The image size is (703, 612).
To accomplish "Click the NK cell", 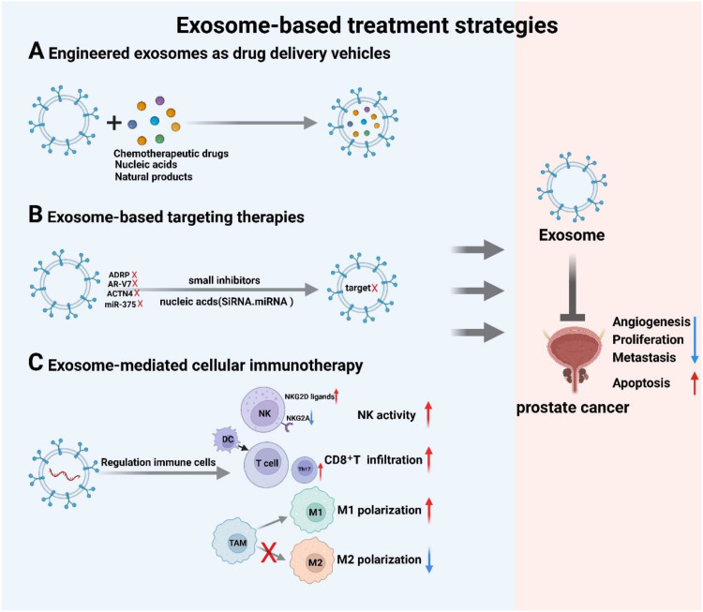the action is [263, 410].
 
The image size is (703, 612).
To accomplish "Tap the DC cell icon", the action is [228, 440].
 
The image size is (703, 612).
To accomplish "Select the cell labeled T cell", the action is [266, 464].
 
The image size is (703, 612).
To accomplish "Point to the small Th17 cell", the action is [305, 470].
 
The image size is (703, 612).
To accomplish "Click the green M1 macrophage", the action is [313, 511].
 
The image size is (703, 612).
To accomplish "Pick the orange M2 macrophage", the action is [313, 560].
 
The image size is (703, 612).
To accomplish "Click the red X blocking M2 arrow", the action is [269, 552].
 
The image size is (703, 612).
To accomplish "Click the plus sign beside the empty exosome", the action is [114, 123].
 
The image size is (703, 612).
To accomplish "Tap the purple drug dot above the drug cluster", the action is [159, 100].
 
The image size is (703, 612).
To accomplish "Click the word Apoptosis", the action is [641, 383].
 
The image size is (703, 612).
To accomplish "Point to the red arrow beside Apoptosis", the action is [695, 383].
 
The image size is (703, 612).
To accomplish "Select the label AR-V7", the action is [119, 284].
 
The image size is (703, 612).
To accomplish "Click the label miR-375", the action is [120, 305].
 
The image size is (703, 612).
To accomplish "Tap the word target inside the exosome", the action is [358, 288].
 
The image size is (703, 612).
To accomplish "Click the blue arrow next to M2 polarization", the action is [429, 560].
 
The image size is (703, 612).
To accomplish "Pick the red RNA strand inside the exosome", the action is [64, 474].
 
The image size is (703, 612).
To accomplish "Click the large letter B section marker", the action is [36, 215].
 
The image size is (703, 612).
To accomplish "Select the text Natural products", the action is [154, 176].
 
